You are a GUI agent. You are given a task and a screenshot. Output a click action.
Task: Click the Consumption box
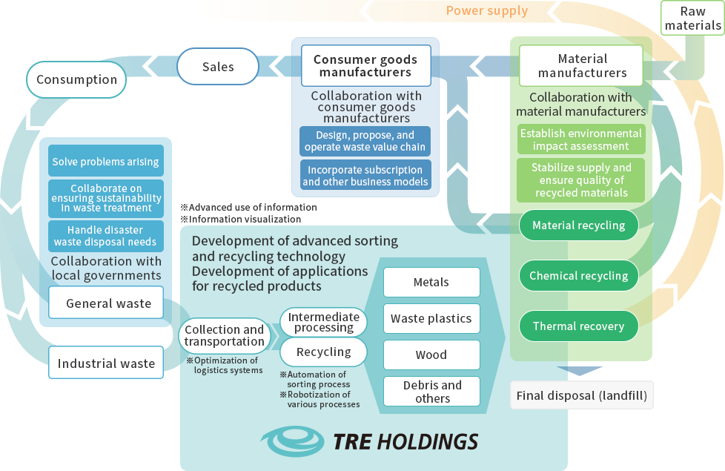click(76, 79)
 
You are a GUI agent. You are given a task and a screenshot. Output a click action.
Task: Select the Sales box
click(218, 67)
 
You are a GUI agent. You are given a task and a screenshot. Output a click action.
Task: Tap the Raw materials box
click(692, 19)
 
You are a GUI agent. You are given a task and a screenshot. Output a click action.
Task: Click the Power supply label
click(486, 10)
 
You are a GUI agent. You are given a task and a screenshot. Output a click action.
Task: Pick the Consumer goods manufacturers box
click(365, 65)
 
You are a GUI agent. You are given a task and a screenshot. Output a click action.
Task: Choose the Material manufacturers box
click(582, 65)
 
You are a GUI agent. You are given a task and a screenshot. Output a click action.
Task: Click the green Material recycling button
click(578, 225)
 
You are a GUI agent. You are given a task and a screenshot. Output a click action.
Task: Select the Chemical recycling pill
click(578, 276)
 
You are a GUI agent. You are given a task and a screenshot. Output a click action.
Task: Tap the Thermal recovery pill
click(578, 326)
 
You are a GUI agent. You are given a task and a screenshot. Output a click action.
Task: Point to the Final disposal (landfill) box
click(582, 395)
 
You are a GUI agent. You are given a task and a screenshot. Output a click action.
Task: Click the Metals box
click(431, 283)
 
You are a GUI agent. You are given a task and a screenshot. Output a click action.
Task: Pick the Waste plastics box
click(431, 319)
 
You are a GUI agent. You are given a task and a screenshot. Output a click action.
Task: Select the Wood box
click(431, 355)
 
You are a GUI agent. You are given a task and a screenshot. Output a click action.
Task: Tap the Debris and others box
click(431, 392)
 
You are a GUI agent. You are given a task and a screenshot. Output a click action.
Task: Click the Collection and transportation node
click(224, 335)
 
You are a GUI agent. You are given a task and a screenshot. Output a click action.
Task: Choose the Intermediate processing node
click(323, 322)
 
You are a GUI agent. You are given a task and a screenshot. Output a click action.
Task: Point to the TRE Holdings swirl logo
click(295, 441)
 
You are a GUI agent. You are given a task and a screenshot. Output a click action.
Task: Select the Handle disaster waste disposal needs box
click(105, 236)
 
